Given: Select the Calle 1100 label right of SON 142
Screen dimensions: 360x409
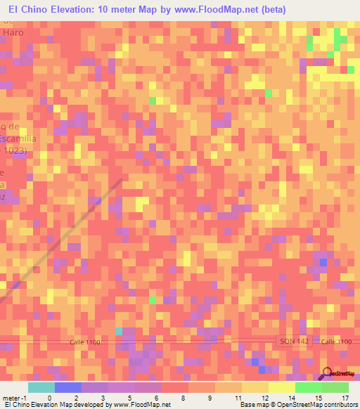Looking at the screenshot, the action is tap(335, 341).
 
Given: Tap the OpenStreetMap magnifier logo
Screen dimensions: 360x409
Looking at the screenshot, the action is tap(326, 373).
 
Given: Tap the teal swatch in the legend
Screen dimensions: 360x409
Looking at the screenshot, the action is tap(41, 387).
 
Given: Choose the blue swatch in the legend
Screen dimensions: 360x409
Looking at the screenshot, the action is tap(67, 387).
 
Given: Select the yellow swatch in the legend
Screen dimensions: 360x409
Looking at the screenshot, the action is tap(281, 387).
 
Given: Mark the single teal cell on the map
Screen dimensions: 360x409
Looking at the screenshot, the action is tap(119, 330).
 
